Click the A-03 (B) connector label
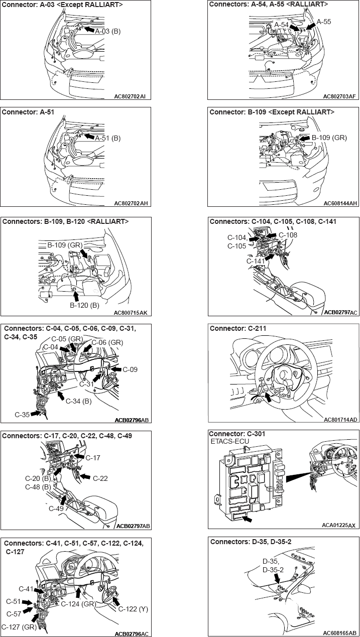pyautogui.click(x=108, y=31)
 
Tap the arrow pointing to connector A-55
pyautogui.click(x=311, y=26)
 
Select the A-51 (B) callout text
pyautogui.click(x=108, y=138)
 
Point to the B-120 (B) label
pyautogui.click(x=84, y=305)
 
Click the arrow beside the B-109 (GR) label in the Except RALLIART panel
pyautogui.click(x=305, y=138)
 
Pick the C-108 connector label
pyautogui.click(x=288, y=235)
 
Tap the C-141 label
pyautogui.click(x=256, y=261)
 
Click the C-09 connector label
pyautogui.click(x=130, y=369)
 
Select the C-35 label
pyautogui.click(x=22, y=415)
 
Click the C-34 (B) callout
pyautogui.click(x=78, y=401)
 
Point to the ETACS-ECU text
pyautogui.click(x=230, y=441)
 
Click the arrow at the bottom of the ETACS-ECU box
pyautogui.click(x=247, y=519)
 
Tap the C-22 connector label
pyautogui.click(x=100, y=478)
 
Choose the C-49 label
pyautogui.click(x=56, y=508)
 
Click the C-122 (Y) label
pyautogui.click(x=133, y=609)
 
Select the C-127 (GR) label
pyautogui.click(x=19, y=627)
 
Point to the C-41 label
pyautogui.click(x=26, y=589)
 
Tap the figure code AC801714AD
pyautogui.click(x=340, y=420)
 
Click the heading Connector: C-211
pyautogui.click(x=238, y=328)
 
